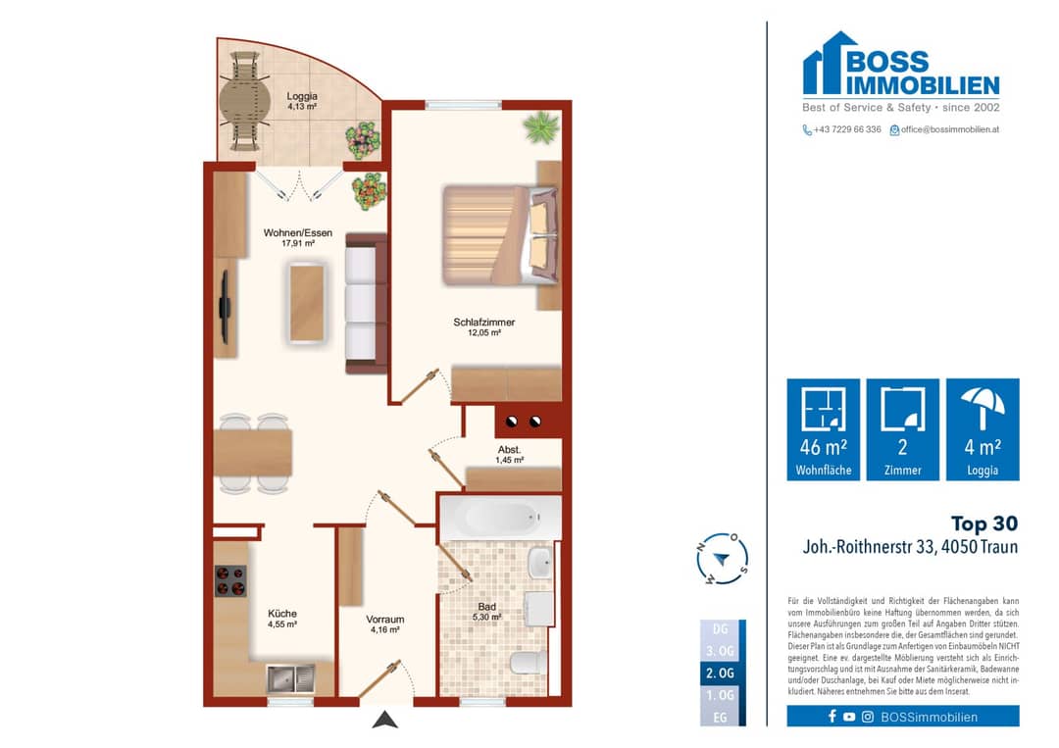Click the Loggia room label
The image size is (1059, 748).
[x=302, y=101]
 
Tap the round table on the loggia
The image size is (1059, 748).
[x=244, y=102]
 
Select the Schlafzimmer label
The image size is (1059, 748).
[x=484, y=326]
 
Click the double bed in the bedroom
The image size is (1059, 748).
[x=501, y=235]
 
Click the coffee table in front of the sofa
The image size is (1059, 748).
[x=307, y=303]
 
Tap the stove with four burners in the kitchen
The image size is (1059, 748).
[x=230, y=580]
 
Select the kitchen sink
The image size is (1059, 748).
[x=291, y=678]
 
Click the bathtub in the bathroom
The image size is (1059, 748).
[x=500, y=518]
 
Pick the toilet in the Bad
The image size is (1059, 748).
[x=529, y=663]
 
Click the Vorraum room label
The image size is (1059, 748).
[x=385, y=623]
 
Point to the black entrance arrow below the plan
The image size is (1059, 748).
[x=385, y=720]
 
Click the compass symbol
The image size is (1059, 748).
[x=722, y=559]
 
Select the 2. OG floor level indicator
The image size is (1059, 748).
[x=720, y=673]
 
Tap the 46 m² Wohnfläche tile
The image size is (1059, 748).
[x=824, y=429]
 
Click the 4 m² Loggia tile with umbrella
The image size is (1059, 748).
[x=983, y=429]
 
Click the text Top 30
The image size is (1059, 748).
[x=984, y=524]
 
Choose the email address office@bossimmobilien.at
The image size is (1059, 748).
[x=949, y=129]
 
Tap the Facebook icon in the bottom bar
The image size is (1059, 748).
[x=832, y=717]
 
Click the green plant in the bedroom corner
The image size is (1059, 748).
[x=541, y=127]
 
